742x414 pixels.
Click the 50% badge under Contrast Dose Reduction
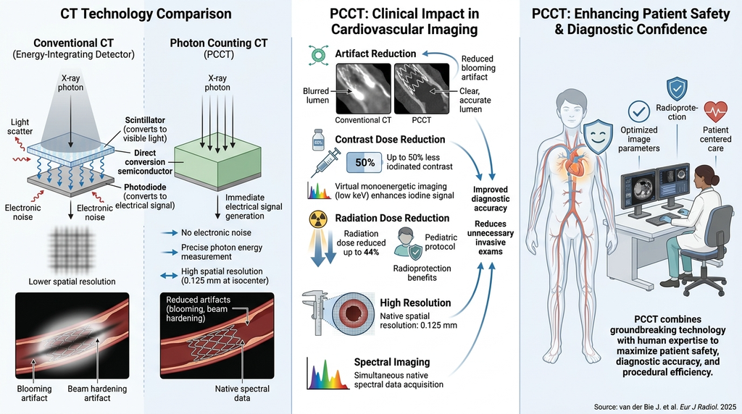pyautogui.click(x=364, y=163)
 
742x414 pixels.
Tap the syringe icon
pyautogui.click(x=326, y=162)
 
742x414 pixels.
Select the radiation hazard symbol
pyautogui.click(x=318, y=219)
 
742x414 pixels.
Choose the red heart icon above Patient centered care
pyautogui.click(x=715, y=112)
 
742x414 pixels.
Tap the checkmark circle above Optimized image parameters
pyautogui.click(x=639, y=111)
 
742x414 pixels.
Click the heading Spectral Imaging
pyautogui.click(x=392, y=362)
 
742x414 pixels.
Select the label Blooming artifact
pyautogui.click(x=34, y=393)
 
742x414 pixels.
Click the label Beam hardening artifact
pyautogui.click(x=97, y=393)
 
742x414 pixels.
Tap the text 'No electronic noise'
pyautogui.click(x=216, y=232)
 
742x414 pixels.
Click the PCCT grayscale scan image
pyautogui.click(x=422, y=89)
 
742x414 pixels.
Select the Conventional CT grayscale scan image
pyautogui.click(x=364, y=89)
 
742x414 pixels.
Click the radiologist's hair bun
pyautogui.click(x=714, y=179)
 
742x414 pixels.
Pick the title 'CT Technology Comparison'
pyautogui.click(x=146, y=14)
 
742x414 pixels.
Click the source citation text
pyautogui.click(x=665, y=407)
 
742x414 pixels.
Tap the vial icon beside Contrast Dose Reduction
pyautogui.click(x=318, y=140)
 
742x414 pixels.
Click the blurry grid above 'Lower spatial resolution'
pyautogui.click(x=71, y=248)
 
